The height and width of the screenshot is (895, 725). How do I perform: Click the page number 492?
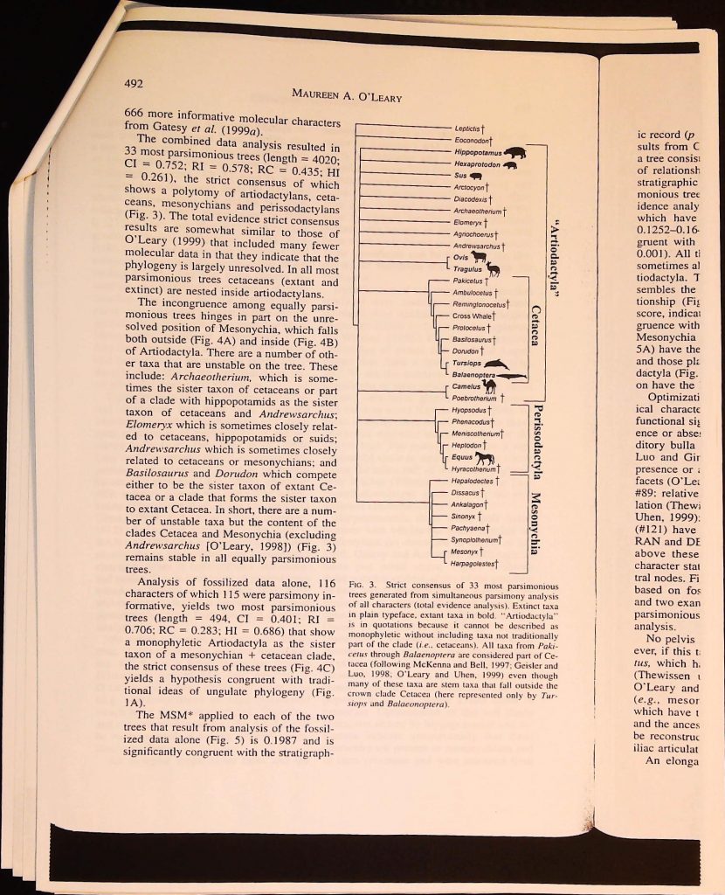tap(133, 84)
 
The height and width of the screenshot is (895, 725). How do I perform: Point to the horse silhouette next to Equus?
tap(486, 458)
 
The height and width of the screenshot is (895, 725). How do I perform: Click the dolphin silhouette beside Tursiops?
tap(494, 364)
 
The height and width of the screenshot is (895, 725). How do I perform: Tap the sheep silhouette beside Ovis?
tap(485, 258)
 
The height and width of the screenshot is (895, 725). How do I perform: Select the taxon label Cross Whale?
tap(471, 316)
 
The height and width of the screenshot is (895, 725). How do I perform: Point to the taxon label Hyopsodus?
tap(462, 408)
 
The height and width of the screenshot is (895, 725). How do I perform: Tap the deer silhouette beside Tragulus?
tap(494, 269)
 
